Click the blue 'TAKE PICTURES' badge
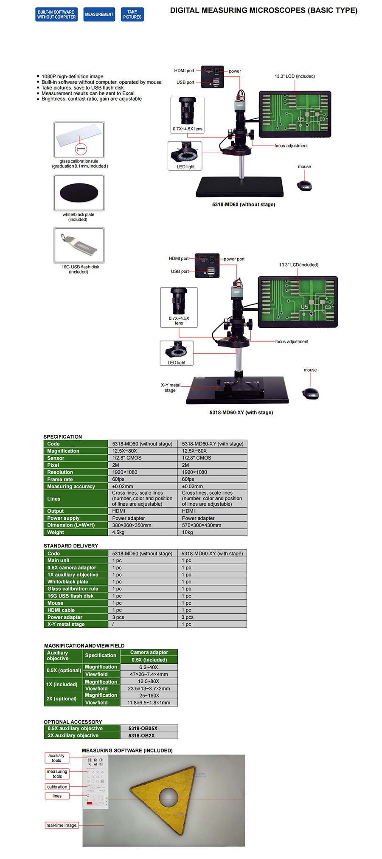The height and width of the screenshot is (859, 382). tap(132, 14)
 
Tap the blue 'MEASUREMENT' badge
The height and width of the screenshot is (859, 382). tap(99, 14)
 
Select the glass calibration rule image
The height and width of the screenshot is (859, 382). tap(79, 140)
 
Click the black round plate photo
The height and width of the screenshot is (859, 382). tap(79, 193)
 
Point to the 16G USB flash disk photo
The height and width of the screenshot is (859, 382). tap(79, 245)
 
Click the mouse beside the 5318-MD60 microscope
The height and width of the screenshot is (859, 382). tap(304, 185)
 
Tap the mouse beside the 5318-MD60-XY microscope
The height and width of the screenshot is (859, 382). tap(310, 393)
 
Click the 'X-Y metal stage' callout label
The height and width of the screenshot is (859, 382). tap(170, 387)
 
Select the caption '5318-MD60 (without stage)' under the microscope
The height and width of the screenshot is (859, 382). tap(243, 205)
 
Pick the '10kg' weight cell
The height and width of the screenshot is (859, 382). tap(188, 532)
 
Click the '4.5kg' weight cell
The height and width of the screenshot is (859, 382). tap(118, 532)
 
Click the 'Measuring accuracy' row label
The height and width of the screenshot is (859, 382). tap(71, 487)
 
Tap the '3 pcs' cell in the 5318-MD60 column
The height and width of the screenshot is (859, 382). tap(118, 617)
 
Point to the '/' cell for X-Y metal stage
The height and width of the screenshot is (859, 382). tap(113, 624)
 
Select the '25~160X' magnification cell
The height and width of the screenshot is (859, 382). tap(149, 696)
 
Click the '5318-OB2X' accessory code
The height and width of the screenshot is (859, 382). tap(141, 735)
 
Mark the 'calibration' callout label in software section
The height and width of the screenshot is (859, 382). tap(57, 787)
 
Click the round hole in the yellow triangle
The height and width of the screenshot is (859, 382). tap(169, 797)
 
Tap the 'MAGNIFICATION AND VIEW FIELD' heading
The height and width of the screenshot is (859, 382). tap(84, 645)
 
